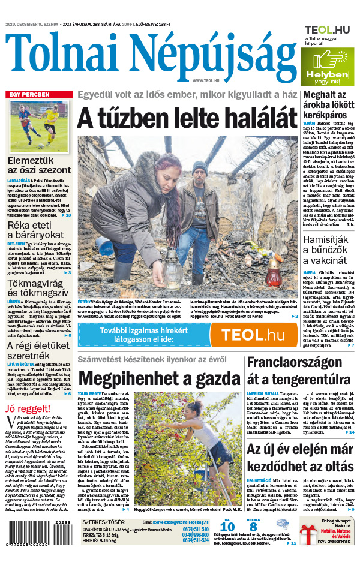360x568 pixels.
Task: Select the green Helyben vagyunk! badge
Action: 323,67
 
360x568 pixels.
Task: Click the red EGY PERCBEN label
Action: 28,95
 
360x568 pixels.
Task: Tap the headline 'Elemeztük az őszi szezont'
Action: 39,165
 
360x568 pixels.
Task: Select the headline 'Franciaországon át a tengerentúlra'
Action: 299,372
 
